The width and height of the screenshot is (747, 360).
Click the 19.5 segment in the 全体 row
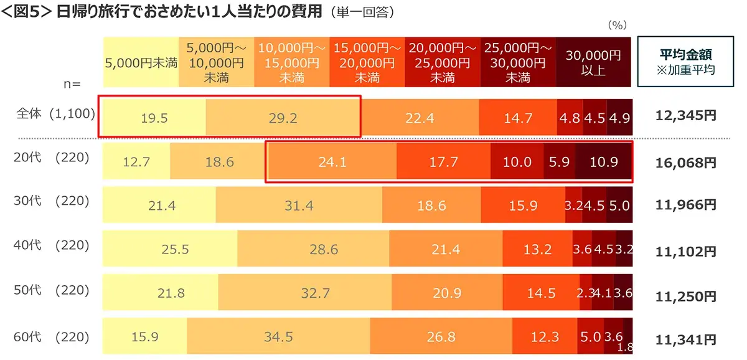(x=154, y=118)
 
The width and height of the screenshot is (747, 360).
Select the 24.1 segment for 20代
(x=331, y=162)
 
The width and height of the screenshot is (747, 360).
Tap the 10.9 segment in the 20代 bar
(x=603, y=162)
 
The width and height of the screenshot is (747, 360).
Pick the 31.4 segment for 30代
(x=299, y=205)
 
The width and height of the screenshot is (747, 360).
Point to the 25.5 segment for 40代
(x=169, y=250)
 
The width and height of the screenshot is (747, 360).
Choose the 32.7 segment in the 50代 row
(x=314, y=293)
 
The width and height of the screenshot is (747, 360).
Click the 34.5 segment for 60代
(x=278, y=337)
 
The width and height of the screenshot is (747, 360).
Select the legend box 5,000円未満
(x=141, y=62)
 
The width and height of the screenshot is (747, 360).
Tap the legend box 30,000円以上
(x=593, y=62)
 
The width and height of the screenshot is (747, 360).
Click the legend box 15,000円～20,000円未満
(x=367, y=62)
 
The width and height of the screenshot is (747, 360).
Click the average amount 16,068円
(x=686, y=163)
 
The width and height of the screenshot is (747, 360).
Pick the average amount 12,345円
(x=686, y=116)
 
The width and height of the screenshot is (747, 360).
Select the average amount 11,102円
(x=686, y=252)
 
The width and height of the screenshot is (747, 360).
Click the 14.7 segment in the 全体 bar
(x=518, y=118)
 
